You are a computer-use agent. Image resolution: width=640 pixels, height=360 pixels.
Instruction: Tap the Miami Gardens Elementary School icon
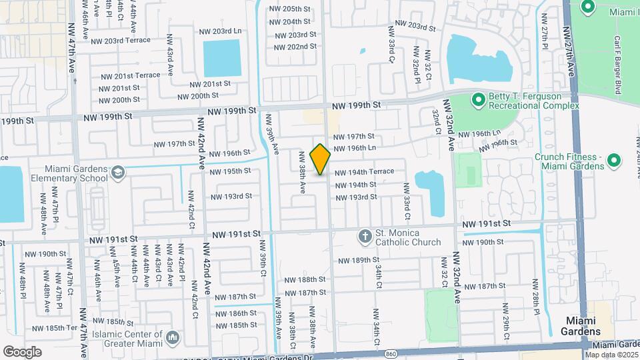point(118,173)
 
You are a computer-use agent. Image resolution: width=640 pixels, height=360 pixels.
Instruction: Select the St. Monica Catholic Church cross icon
point(365,235)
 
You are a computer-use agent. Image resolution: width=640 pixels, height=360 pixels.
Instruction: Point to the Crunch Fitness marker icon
point(615,161)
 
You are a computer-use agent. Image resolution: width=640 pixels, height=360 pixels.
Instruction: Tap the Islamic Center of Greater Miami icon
point(173,339)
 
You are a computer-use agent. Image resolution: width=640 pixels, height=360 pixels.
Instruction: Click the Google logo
point(22,351)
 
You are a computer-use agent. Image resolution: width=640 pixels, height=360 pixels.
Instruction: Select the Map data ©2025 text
point(611,354)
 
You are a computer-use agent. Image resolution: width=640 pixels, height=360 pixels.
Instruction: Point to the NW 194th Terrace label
point(364,172)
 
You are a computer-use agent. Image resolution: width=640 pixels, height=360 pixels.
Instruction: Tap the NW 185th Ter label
point(63,329)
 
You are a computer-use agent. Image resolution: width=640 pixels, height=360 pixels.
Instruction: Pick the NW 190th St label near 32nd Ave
point(485,241)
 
